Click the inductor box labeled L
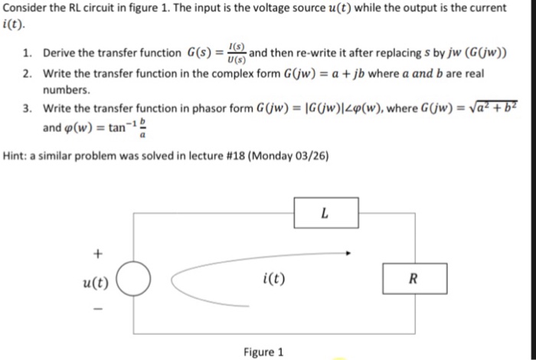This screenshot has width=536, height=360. (x=324, y=214)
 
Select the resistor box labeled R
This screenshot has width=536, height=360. (x=414, y=279)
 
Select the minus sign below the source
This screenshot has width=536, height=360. (x=97, y=310)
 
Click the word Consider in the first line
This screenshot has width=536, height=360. (x=25, y=8)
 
